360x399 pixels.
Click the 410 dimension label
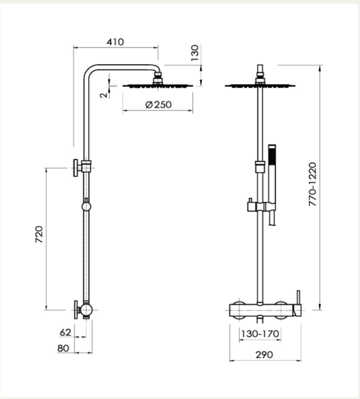point(115,42)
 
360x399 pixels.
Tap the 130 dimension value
point(195,53)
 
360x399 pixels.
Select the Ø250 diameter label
point(158,105)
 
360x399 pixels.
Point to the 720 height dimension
point(39,234)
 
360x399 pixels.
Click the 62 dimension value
point(66,332)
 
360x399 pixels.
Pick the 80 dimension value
point(63,348)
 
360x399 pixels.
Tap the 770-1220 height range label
point(312,184)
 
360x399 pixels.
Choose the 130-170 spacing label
point(260,333)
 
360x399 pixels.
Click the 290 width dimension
point(264,355)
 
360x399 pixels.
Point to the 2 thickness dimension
point(104,95)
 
